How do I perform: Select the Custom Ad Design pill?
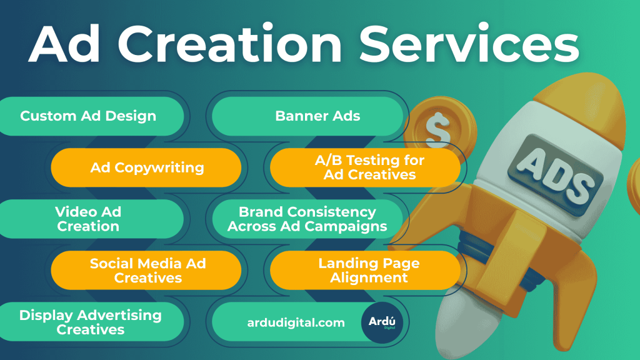pyautogui.click(x=88, y=116)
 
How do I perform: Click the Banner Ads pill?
pyautogui.click(x=317, y=116)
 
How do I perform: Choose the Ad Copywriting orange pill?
pyautogui.click(x=147, y=167)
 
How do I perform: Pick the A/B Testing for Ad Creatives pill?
pyautogui.click(x=369, y=167)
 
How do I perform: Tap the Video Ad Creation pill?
pyautogui.click(x=88, y=219)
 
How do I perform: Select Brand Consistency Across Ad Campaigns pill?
pyautogui.click(x=307, y=219)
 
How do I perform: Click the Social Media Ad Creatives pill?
pyautogui.click(x=147, y=270)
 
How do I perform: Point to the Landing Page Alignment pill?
pyautogui.click(x=369, y=270)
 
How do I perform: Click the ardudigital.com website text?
pyautogui.click(x=296, y=322)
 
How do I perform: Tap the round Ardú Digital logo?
pyautogui.click(x=382, y=322)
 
